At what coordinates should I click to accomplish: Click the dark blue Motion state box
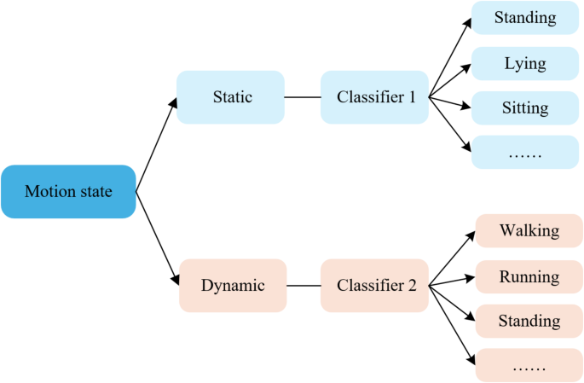click(x=68, y=192)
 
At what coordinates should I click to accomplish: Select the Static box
click(x=231, y=97)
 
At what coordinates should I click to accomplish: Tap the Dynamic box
click(x=232, y=286)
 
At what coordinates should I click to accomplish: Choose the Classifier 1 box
click(x=374, y=97)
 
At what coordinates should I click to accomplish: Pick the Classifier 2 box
click(x=374, y=286)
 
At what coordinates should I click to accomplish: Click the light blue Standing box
click(x=525, y=18)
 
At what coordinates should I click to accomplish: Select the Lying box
click(x=525, y=64)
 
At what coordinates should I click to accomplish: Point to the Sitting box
click(x=525, y=109)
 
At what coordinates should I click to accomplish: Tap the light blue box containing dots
click(x=525, y=154)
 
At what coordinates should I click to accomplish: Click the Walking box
click(x=529, y=231)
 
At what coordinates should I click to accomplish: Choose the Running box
click(x=529, y=276)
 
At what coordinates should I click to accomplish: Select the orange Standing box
click(x=529, y=322)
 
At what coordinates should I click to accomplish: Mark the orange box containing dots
click(x=529, y=366)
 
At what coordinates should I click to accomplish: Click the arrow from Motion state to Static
click(x=157, y=144)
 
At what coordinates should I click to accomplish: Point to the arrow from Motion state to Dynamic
click(x=157, y=238)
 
